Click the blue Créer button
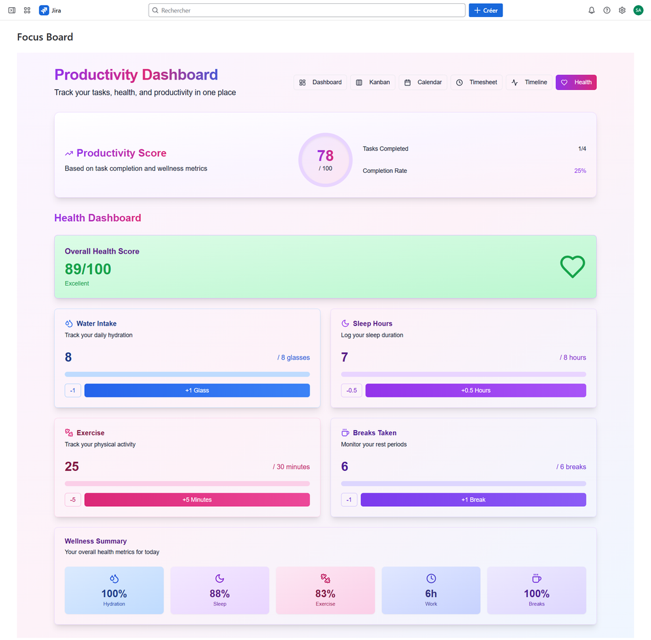pyautogui.click(x=485, y=10)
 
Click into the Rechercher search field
pyautogui.click(x=306, y=10)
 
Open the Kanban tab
pyautogui.click(x=373, y=82)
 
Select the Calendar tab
pyautogui.click(x=423, y=82)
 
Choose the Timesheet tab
pyautogui.click(x=476, y=82)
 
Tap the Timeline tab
pyautogui.click(x=529, y=82)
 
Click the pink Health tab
pyautogui.click(x=576, y=82)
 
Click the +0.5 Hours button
pyautogui.click(x=476, y=390)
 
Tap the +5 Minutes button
pyautogui.click(x=197, y=500)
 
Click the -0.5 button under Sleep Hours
pyautogui.click(x=351, y=390)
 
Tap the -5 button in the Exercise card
pyautogui.click(x=73, y=500)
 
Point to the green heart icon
pyautogui.click(x=572, y=266)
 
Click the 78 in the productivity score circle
pyautogui.click(x=325, y=156)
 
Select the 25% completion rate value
pyautogui.click(x=580, y=171)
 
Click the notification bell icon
pyautogui.click(x=592, y=10)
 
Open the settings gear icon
pyautogui.click(x=622, y=10)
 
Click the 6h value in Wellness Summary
pyautogui.click(x=431, y=594)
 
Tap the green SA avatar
pyautogui.click(x=638, y=10)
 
